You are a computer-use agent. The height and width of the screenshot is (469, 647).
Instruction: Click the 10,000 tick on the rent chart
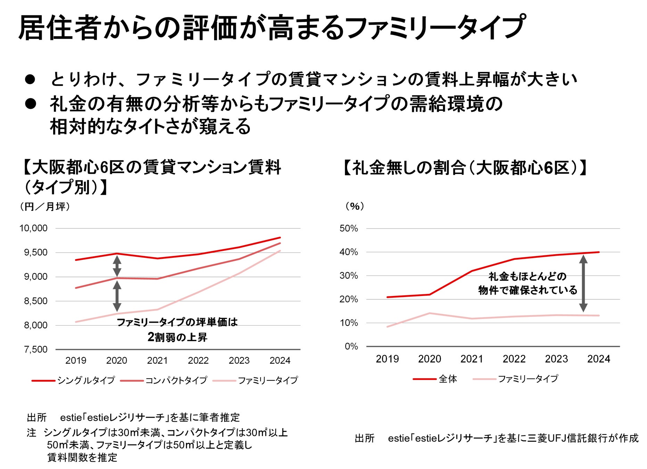click(33, 228)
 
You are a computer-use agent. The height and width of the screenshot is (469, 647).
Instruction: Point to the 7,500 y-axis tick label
click(35, 349)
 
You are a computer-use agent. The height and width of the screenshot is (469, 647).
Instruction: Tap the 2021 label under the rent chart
click(157, 360)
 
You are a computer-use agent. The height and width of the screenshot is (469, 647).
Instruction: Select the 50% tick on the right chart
click(349, 228)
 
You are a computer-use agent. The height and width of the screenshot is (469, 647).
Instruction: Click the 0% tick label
click(351, 346)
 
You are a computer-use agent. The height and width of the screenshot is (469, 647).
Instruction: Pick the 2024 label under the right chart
click(598, 359)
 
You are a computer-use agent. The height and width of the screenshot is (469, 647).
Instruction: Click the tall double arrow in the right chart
click(583, 283)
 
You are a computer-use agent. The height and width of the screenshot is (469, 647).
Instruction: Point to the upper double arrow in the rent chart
click(117, 266)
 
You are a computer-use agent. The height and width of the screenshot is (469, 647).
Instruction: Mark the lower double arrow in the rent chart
click(117, 296)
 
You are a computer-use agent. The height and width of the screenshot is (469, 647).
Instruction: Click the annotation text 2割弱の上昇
click(177, 337)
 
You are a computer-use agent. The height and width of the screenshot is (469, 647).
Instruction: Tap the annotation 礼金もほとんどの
click(527, 277)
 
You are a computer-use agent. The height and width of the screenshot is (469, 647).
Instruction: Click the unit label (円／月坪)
click(45, 207)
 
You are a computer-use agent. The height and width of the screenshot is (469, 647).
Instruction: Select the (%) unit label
click(354, 206)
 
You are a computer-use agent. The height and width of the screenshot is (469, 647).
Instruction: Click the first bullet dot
click(30, 80)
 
